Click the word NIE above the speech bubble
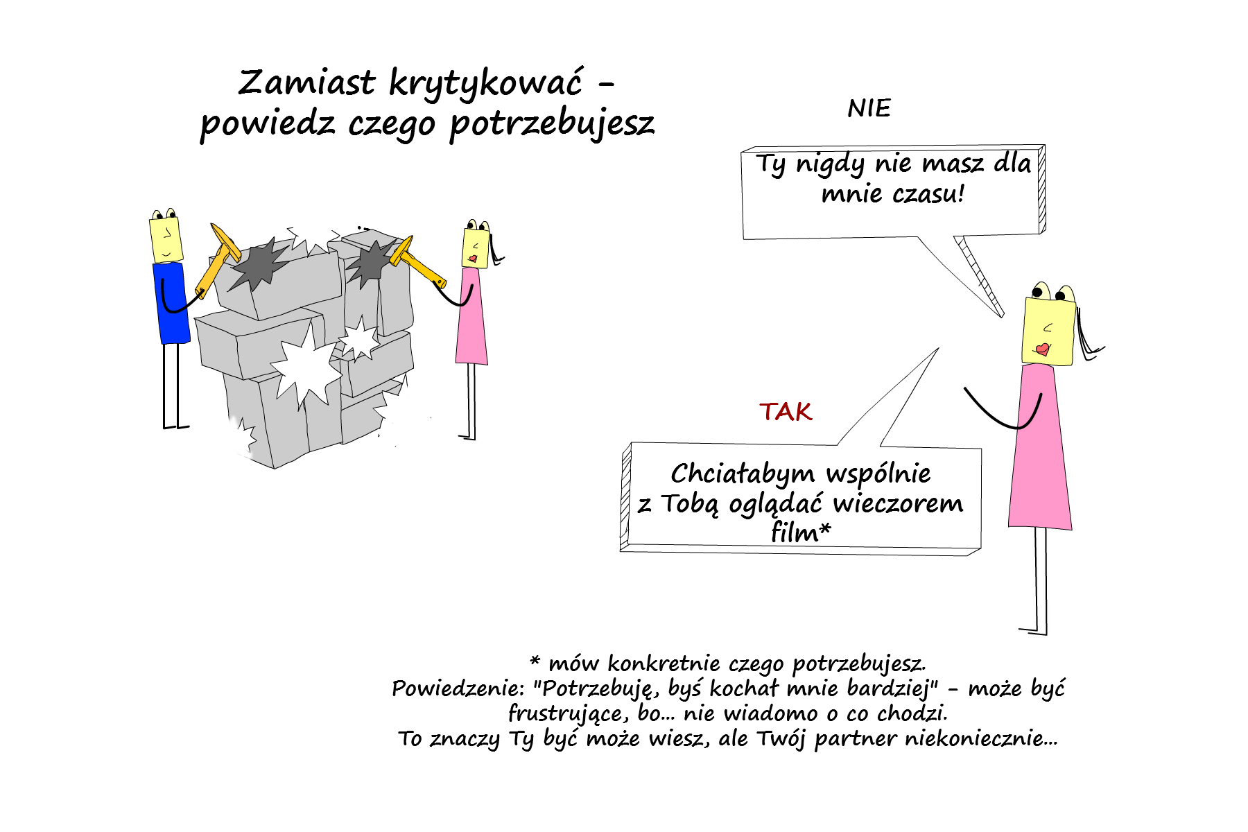tap(869, 108)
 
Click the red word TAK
tap(785, 412)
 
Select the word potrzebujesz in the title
tap(552, 125)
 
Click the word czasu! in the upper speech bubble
tap(928, 193)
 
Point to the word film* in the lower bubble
tap(801, 532)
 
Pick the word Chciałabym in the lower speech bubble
tap(743, 474)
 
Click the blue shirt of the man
tap(171, 303)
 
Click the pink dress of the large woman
tap(1039, 447)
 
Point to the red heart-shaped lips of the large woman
tap(1042, 349)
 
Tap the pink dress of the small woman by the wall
tap(471, 316)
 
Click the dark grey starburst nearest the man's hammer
tap(258, 265)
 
